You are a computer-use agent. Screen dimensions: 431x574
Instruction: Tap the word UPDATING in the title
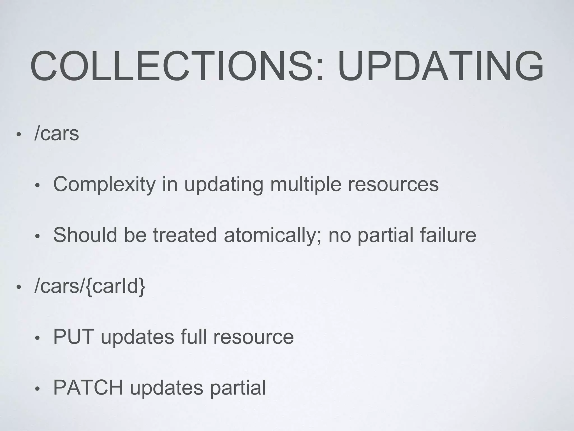click(441, 67)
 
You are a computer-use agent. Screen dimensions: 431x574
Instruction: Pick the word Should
click(85, 235)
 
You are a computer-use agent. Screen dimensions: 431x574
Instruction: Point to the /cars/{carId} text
click(90, 286)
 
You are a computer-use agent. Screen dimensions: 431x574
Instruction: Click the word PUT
click(73, 337)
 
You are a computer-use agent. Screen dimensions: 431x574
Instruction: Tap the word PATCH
click(88, 388)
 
